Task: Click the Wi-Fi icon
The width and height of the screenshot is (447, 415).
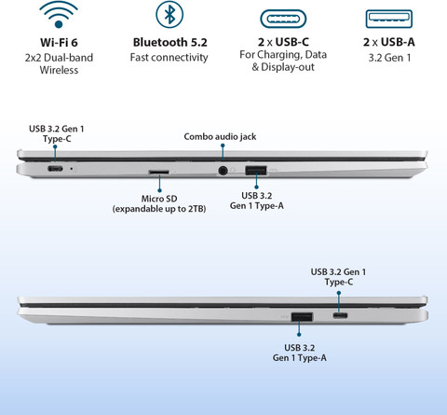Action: pyautogui.click(x=59, y=16)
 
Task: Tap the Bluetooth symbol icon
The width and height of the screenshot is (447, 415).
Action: pyautogui.click(x=169, y=14)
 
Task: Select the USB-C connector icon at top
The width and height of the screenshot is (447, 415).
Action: pyautogui.click(x=283, y=19)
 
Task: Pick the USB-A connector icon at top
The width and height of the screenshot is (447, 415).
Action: pyautogui.click(x=389, y=19)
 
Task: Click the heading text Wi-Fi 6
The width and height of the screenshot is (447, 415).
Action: pyautogui.click(x=59, y=42)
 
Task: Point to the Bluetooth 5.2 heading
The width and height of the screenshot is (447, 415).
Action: pyautogui.click(x=169, y=42)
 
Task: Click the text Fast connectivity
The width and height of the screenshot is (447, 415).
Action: pyautogui.click(x=169, y=58)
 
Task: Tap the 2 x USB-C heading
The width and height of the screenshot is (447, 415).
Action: pyautogui.click(x=283, y=42)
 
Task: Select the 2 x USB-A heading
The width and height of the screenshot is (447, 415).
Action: pyautogui.click(x=389, y=42)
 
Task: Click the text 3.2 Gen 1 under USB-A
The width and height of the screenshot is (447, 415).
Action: pyautogui.click(x=389, y=58)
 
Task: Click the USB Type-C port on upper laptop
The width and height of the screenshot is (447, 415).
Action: pyautogui.click(x=55, y=169)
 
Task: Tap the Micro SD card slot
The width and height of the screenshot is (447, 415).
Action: pyautogui.click(x=159, y=172)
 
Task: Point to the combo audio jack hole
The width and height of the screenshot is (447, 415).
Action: pyautogui.click(x=223, y=171)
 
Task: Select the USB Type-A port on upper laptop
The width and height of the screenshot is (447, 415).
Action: pyautogui.click(x=256, y=171)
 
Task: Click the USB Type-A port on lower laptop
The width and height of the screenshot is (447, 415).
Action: pyautogui.click(x=302, y=317)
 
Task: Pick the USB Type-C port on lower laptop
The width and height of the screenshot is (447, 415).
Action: pyautogui.click(x=340, y=315)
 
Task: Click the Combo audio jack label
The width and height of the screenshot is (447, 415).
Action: pyautogui.click(x=220, y=137)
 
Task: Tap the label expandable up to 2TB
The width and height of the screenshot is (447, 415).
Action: pyautogui.click(x=159, y=209)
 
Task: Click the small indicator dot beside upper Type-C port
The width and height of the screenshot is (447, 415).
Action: pyautogui.click(x=72, y=169)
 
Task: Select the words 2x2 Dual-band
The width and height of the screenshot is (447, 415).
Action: pyautogui.click(x=59, y=58)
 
